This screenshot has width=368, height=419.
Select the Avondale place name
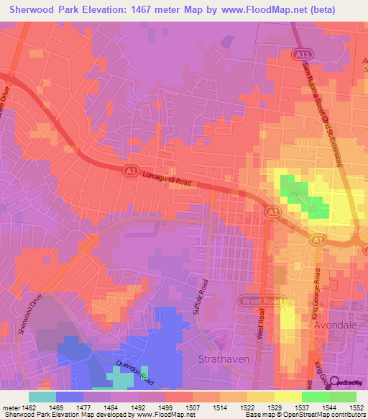[x=335, y=325]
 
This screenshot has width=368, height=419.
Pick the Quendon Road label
[x=134, y=371]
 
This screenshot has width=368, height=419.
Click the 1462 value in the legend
[x=30, y=408]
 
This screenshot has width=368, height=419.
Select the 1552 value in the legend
[x=356, y=408]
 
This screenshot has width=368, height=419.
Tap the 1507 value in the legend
[x=192, y=408]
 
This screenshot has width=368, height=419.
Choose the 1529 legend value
[x=274, y=408]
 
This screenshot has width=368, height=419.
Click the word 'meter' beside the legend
[x=9, y=408]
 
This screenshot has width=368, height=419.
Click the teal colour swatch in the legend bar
[x=42, y=397]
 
